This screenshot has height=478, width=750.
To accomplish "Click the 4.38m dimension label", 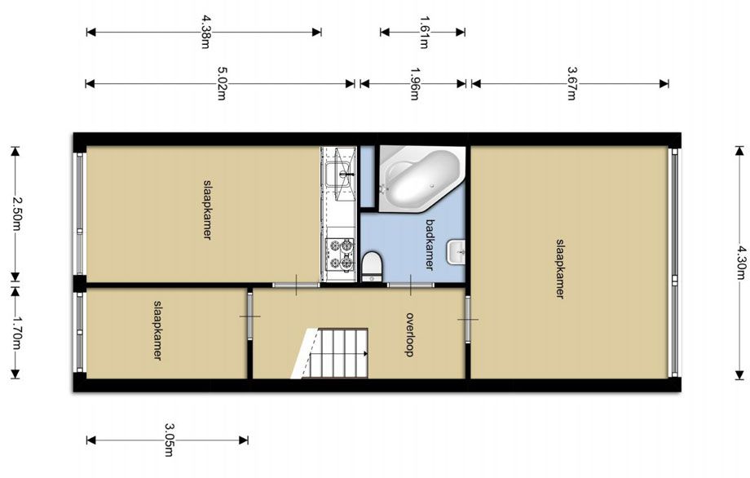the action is click(x=205, y=32).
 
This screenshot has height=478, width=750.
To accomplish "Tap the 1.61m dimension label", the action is click(x=424, y=32).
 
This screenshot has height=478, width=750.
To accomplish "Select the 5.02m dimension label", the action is click(x=222, y=83).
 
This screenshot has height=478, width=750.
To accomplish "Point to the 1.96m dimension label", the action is click(x=415, y=83).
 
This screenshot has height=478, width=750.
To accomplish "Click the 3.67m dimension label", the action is click(x=571, y=83).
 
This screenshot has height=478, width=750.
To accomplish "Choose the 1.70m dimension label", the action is click(x=16, y=333).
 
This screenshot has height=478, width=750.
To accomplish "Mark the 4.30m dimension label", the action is click(x=741, y=262).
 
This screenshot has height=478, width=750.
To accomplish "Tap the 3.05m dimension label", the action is click(x=170, y=440).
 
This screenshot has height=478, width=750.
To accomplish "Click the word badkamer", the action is click(x=430, y=245).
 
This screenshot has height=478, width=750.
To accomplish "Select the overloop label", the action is click(x=410, y=334).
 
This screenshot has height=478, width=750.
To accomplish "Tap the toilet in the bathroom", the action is click(x=372, y=266).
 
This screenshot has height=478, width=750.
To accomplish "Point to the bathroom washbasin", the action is click(x=457, y=252).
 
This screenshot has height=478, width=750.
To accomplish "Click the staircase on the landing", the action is click(x=330, y=353).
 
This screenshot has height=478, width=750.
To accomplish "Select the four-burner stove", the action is click(x=341, y=254).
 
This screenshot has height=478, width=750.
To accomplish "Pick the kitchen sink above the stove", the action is click(x=340, y=175).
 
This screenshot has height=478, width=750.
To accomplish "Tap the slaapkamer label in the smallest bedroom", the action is click(x=157, y=330).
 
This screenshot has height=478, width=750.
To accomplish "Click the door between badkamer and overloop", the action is click(x=410, y=285).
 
